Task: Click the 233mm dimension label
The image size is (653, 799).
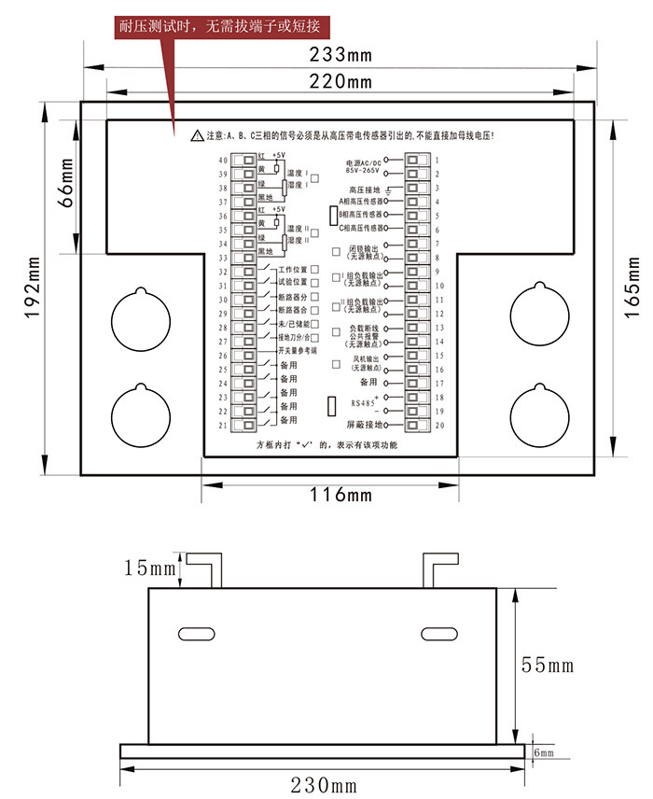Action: click(340, 54)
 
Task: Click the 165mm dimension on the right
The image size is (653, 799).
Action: click(632, 286)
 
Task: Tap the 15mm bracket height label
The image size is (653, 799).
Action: click(149, 567)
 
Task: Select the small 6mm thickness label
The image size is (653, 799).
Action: click(544, 751)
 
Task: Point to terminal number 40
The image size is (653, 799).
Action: click(223, 161)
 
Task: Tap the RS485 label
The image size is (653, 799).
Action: click(362, 403)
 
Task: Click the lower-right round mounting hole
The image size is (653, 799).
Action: click(540, 413)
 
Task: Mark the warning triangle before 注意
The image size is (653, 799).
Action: click(196, 136)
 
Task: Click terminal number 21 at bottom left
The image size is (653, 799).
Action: click(223, 425)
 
